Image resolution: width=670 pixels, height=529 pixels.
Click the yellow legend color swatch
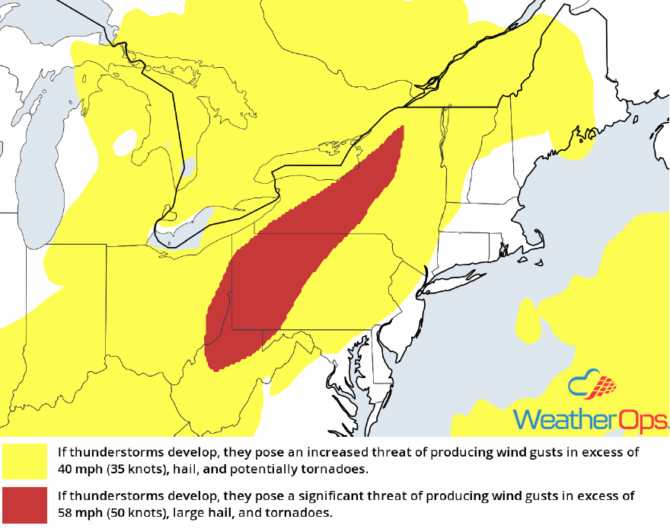point(25,460)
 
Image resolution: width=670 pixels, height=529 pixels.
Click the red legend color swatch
point(25,503)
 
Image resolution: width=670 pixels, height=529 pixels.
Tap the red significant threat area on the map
point(305,252)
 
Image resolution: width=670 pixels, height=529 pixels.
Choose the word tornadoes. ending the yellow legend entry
point(335,467)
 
